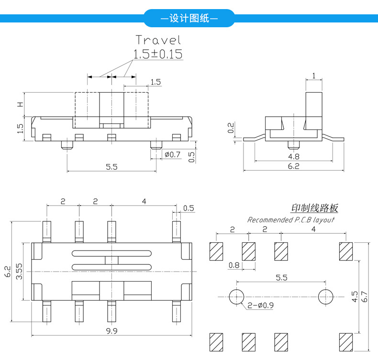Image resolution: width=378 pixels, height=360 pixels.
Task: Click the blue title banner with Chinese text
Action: coord(189,18)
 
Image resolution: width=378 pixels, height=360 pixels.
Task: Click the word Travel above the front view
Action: coord(158,40)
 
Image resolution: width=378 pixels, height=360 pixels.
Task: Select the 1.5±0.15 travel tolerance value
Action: coord(158,54)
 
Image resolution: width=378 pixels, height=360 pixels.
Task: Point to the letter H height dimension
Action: coord(21,104)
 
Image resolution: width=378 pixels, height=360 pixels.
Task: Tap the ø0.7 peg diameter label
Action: coord(172,154)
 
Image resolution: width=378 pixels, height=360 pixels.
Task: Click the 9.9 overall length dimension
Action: coord(111,331)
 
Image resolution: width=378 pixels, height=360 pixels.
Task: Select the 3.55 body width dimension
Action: coord(19,272)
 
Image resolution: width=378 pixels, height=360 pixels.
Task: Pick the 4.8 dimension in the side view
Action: coord(294,157)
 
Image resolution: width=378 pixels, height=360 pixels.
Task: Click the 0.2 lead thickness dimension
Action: coord(231,128)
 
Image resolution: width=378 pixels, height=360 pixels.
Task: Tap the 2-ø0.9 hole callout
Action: coord(261,305)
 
